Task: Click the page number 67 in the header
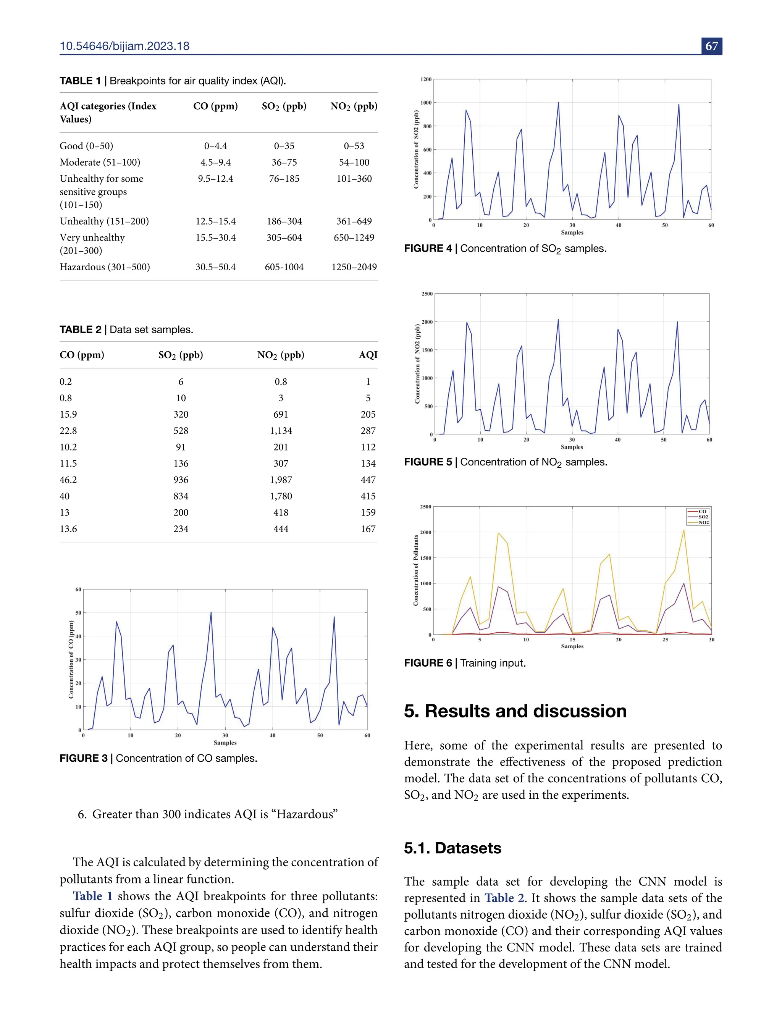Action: pyautogui.click(x=712, y=46)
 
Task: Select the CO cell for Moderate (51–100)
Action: pyautogui.click(x=215, y=162)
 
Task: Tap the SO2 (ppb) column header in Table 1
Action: pyautogui.click(x=284, y=106)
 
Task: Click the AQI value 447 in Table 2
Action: pyautogui.click(x=368, y=480)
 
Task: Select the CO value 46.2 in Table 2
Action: pyautogui.click(x=68, y=480)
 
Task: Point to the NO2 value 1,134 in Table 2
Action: pyautogui.click(x=281, y=431)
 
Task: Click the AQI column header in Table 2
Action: pyautogui.click(x=368, y=355)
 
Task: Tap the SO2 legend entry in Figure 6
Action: pyautogui.click(x=703, y=517)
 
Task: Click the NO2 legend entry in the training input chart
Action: pyautogui.click(x=703, y=523)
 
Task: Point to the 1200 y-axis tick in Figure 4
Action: pyautogui.click(x=426, y=79)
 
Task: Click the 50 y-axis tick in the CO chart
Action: pyautogui.click(x=78, y=613)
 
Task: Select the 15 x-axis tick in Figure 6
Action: pyautogui.click(x=572, y=640)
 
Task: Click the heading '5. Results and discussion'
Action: pyautogui.click(x=515, y=711)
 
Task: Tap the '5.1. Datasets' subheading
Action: pyautogui.click(x=452, y=848)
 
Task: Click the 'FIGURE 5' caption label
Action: pyautogui.click(x=428, y=462)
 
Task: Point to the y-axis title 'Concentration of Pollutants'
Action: pyautogui.click(x=416, y=570)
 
